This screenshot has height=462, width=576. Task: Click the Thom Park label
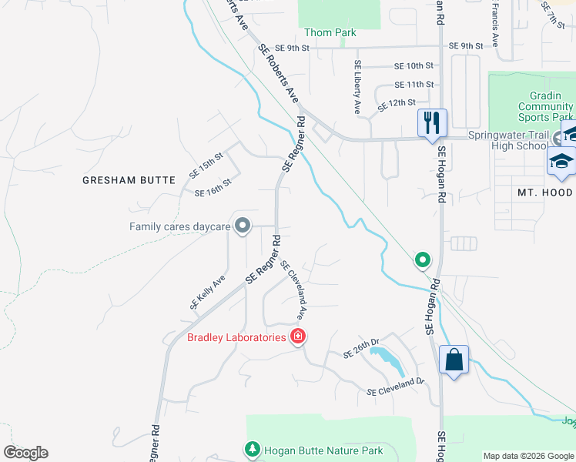pyautogui.click(x=330, y=32)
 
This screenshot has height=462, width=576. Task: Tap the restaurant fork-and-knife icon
pyautogui.click(x=432, y=122)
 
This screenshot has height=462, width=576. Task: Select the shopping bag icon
pyautogui.click(x=454, y=360)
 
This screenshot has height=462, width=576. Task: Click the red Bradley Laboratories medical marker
pyautogui.click(x=297, y=336)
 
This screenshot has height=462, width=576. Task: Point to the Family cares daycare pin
pyautogui.click(x=243, y=226)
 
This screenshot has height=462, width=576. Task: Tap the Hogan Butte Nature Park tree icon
pyautogui.click(x=252, y=448)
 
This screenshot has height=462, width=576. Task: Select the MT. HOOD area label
pyautogui.click(x=544, y=192)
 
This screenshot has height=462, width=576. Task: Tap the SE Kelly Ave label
pyautogui.click(x=207, y=293)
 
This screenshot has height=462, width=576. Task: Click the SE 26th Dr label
pyautogui.click(x=362, y=350)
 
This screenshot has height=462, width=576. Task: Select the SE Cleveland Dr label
pyautogui.click(x=396, y=387)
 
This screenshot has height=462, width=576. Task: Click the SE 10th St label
pyautogui.click(x=414, y=66)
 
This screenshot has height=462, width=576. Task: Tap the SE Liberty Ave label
pyautogui.click(x=358, y=87)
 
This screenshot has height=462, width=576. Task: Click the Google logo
pyautogui.click(x=25, y=453)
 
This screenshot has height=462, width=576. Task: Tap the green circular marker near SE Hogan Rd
pyautogui.click(x=422, y=260)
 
